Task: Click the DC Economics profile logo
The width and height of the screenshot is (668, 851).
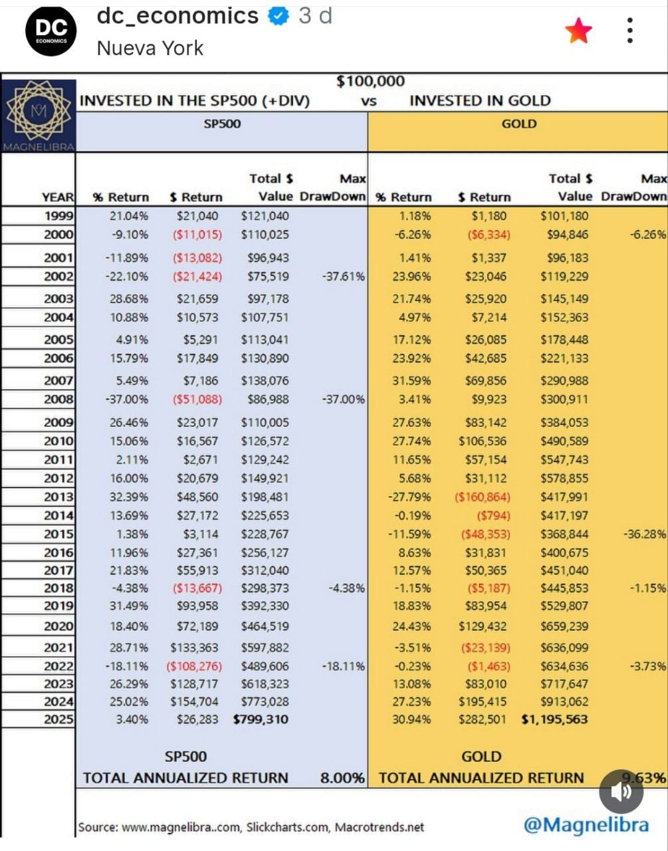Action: [51, 31]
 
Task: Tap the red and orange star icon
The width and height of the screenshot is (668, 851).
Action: [578, 31]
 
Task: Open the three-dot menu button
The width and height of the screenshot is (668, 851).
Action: [630, 31]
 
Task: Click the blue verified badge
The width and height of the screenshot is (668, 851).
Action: [278, 16]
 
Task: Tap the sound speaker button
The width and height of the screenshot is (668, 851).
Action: [621, 791]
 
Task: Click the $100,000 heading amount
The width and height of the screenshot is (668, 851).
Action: [370, 81]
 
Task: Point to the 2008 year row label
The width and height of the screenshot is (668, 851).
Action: [58, 400]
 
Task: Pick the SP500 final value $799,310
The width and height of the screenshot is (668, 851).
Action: [261, 719]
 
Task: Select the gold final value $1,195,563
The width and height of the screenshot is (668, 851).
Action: [554, 719]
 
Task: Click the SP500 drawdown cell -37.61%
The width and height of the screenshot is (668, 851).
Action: [343, 277]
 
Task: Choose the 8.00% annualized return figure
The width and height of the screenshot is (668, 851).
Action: [342, 778]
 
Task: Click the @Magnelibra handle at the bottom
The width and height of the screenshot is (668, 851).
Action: [586, 825]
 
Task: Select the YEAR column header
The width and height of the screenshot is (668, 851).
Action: [58, 197]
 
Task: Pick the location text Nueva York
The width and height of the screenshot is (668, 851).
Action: [150, 49]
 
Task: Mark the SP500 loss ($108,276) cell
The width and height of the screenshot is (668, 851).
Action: [194, 666]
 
